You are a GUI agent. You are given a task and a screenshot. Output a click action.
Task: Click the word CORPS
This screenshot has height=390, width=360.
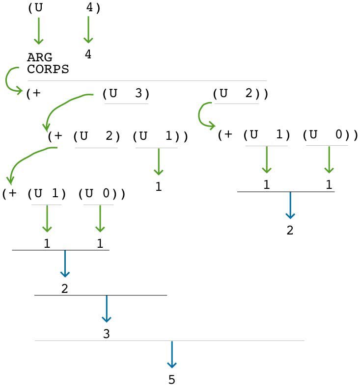pyautogui.click(x=48, y=70)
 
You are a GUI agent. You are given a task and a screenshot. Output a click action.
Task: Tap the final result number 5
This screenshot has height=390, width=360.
pyautogui.click(x=171, y=380)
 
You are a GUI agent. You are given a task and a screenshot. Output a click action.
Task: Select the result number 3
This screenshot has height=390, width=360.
pyautogui.click(x=106, y=334)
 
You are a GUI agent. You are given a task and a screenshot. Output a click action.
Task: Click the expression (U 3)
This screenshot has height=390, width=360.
pyautogui.click(x=126, y=94)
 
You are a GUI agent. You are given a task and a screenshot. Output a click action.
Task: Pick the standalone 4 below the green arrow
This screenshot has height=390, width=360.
pyautogui.click(x=88, y=54)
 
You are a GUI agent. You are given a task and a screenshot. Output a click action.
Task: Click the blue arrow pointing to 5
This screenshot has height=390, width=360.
pyautogui.click(x=171, y=355)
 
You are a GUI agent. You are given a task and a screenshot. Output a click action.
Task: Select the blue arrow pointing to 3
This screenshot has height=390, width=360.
pyautogui.click(x=106, y=310)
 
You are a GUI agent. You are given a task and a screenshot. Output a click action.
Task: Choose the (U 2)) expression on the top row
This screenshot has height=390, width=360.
pyautogui.click(x=241, y=94)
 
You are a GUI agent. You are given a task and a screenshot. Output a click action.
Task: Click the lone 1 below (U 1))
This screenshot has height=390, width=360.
pyautogui.click(x=159, y=187)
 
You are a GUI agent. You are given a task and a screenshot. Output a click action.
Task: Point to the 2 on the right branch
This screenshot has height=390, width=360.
pyautogui.click(x=290, y=230)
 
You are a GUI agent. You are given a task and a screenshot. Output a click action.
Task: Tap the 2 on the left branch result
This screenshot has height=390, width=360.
pyautogui.click(x=64, y=288)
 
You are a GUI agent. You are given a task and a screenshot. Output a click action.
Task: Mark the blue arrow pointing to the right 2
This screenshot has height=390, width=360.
pyautogui.click(x=290, y=206)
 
